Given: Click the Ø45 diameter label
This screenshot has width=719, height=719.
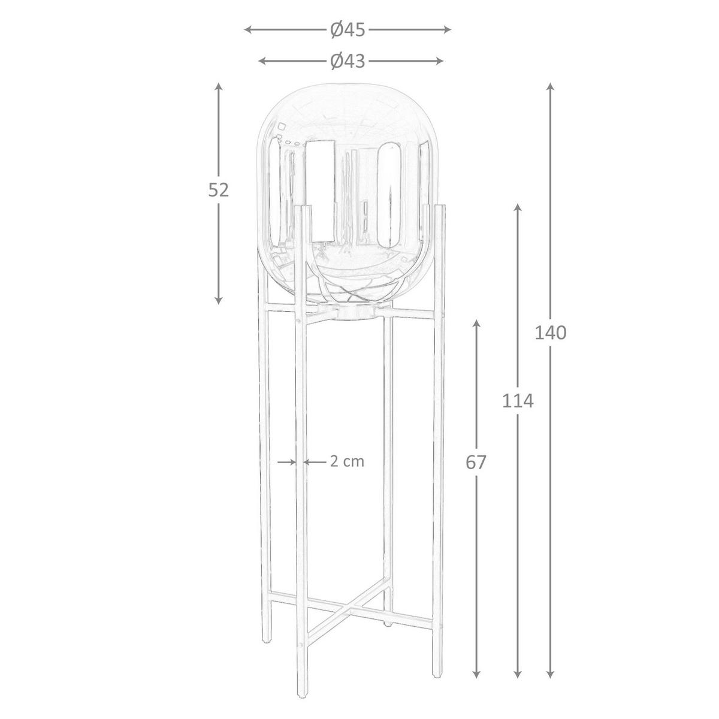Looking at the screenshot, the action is (x=347, y=30).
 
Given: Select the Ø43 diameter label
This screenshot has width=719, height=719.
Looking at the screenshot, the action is (x=347, y=61).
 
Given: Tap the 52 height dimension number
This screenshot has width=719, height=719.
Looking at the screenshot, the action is (x=218, y=191).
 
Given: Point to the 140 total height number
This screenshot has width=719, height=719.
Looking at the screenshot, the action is (x=551, y=333).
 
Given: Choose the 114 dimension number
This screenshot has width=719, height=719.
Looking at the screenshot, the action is (x=518, y=401).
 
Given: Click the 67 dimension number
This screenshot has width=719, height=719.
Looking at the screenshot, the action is (x=476, y=463).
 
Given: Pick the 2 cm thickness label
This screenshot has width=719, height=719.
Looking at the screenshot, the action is (x=347, y=462).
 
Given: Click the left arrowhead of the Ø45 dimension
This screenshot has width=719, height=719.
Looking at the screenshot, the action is (x=247, y=30).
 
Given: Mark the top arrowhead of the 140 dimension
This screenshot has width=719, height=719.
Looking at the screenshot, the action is (x=550, y=86).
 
